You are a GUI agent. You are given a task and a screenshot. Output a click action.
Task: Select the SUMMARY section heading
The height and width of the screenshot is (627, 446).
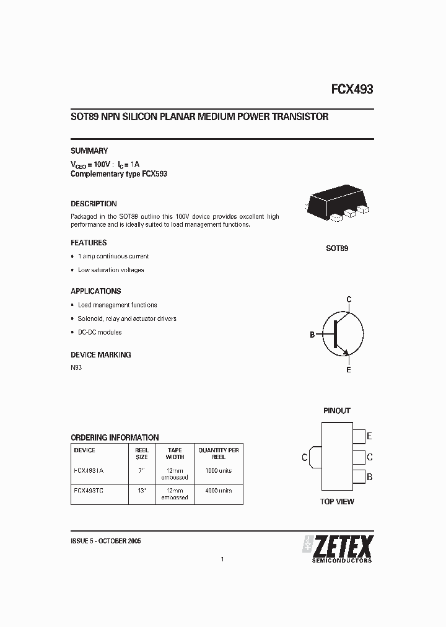coord(89,151)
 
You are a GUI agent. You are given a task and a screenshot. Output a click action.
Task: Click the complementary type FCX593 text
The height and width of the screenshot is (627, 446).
coord(119,174)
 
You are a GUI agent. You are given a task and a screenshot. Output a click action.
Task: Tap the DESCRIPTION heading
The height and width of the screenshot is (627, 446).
coord(94,203)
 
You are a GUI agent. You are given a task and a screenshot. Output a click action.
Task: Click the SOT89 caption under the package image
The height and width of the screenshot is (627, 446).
coord(337,248)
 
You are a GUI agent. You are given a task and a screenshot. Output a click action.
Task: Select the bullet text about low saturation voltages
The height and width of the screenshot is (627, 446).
coord(111,270)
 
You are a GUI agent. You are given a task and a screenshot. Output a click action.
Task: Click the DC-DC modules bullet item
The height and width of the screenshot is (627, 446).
coord(100,332)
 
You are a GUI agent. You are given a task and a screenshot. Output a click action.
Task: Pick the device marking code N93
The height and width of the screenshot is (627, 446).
coord(76,367)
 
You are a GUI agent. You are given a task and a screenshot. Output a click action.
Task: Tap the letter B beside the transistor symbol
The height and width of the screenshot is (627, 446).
coord(312,335)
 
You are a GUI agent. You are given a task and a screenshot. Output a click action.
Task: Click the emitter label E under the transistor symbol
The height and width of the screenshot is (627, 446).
coord(349,370)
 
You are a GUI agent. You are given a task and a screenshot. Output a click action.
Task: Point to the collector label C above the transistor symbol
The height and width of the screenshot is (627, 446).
coord(349,300)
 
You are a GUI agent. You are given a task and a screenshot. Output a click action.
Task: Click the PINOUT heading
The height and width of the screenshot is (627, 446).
coord(337,411)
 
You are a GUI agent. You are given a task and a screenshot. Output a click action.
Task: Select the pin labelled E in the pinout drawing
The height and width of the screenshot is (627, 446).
coord(359,436)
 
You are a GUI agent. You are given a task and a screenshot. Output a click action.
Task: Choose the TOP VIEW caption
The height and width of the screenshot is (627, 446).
coord(337,502)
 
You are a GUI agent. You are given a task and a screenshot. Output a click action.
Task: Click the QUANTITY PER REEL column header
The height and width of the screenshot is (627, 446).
coord(219,454)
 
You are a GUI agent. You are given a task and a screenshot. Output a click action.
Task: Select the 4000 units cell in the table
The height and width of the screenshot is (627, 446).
coord(219,491)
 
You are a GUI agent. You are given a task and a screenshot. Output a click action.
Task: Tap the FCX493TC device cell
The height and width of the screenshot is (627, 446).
coord(89,491)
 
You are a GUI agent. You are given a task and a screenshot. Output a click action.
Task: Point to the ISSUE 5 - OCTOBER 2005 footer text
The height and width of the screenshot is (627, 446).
coord(106,541)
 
